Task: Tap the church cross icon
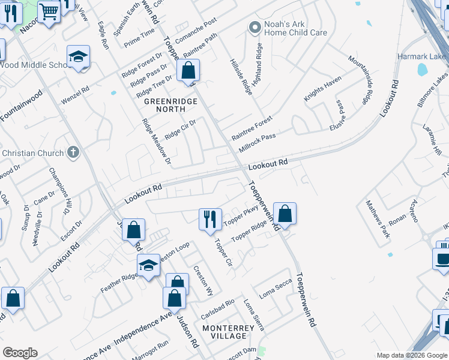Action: click(73, 152)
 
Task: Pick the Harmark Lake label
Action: click(423, 57)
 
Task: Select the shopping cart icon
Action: click(49, 10)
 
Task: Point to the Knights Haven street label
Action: click(322, 88)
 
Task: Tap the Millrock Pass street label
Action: click(257, 142)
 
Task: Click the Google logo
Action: click(20, 353)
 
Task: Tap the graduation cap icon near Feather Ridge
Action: click(148, 264)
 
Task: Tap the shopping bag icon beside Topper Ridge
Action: click(285, 214)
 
